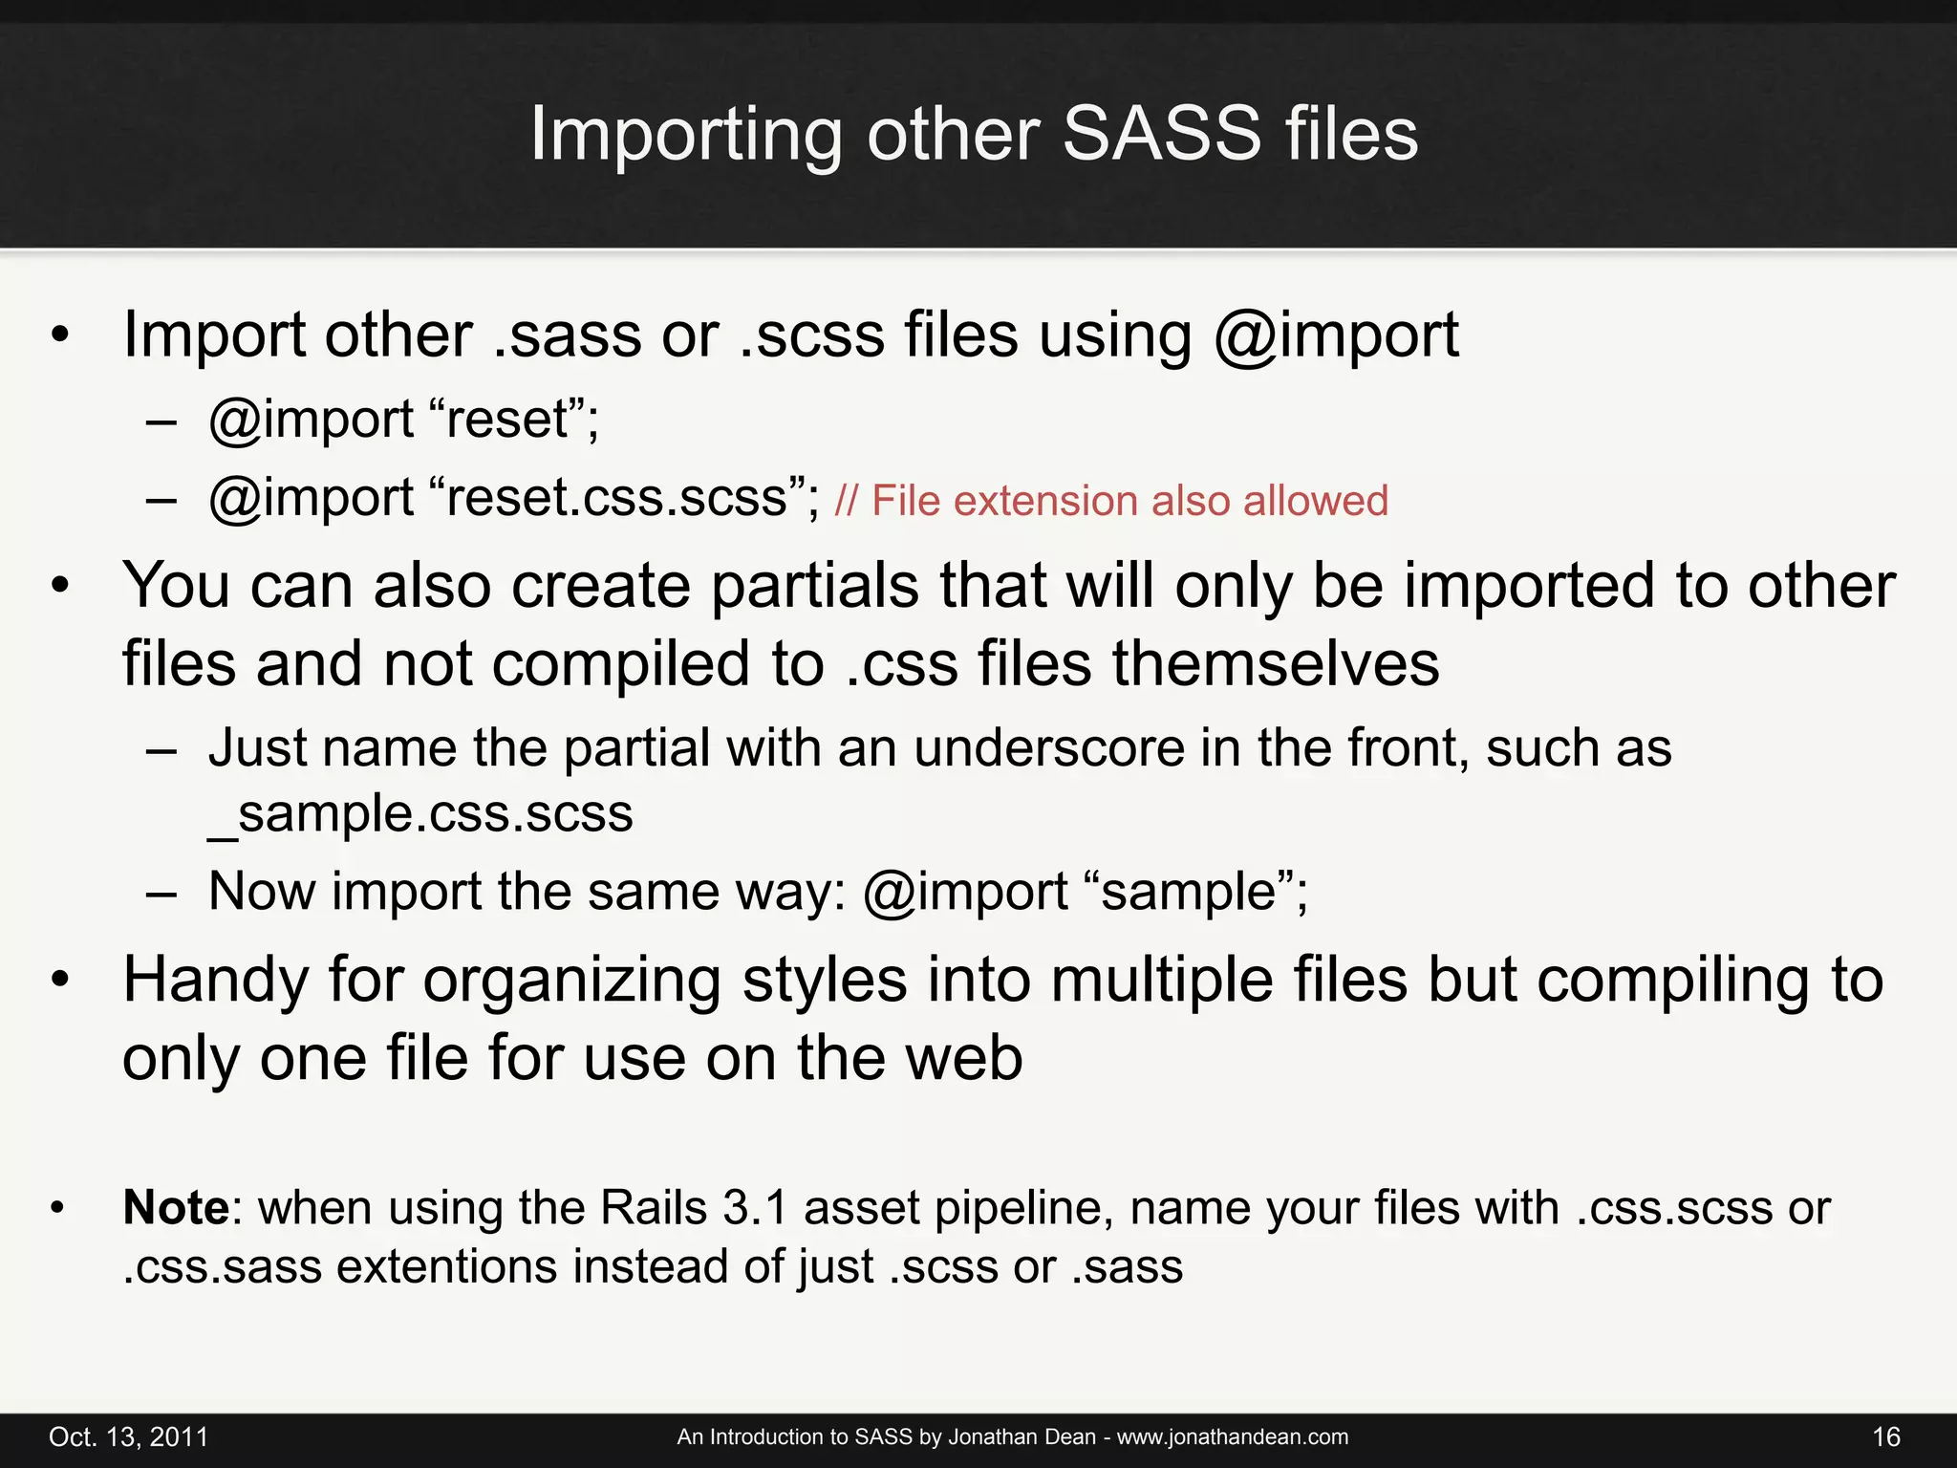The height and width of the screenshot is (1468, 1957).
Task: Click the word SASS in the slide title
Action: (x=1161, y=134)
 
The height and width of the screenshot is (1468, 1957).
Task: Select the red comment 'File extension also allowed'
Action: (x=1129, y=501)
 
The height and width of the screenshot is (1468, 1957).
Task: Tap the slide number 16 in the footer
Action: (x=1885, y=1437)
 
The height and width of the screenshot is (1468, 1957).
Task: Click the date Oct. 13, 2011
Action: (x=128, y=1437)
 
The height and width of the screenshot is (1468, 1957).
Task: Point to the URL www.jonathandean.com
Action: (x=1232, y=1437)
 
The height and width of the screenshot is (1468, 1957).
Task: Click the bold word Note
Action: (x=176, y=1208)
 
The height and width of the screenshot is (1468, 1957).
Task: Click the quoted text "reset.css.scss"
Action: (x=616, y=498)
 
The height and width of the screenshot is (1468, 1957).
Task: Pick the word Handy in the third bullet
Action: (x=215, y=982)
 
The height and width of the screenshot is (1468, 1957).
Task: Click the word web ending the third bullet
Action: (x=965, y=1059)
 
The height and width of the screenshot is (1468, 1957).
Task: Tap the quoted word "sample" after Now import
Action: (x=1190, y=892)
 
